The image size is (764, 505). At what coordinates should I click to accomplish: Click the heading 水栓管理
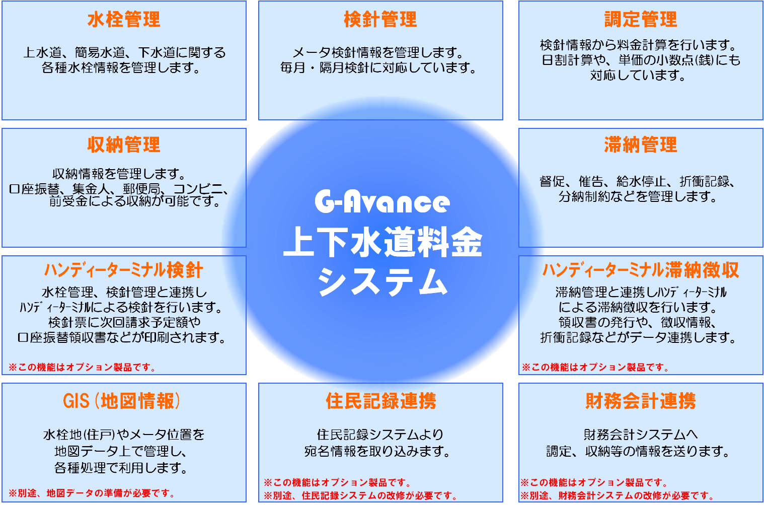coord(124,19)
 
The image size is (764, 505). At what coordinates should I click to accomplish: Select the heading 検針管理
coord(380,19)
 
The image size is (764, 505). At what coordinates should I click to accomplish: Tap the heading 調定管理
coord(641,19)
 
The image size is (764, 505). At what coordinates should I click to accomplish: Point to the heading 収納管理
coord(124,145)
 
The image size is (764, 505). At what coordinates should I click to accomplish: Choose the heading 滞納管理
coord(641,145)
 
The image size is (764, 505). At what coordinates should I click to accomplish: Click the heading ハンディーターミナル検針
coord(124,270)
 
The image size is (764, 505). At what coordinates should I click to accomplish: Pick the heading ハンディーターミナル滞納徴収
coord(641,270)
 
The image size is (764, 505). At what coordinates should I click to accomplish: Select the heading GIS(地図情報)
coord(122,401)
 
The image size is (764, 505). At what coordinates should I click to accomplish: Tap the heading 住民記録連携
coord(380,401)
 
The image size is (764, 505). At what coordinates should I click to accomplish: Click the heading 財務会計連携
coord(641,401)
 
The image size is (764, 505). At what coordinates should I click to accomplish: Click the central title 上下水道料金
coord(383,242)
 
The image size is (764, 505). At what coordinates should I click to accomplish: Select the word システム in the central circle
coord(383,282)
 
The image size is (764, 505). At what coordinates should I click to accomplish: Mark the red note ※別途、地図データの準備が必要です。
coord(92,493)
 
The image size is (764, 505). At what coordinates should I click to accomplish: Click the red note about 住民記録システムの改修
coord(360,495)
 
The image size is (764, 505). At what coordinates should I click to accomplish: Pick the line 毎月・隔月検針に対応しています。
coord(378,68)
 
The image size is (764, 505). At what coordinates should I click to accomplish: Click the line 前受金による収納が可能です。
coord(135,201)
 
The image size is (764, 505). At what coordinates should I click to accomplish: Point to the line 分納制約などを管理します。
coord(638,196)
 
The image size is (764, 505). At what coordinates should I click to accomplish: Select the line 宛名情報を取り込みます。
coord(377,452)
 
